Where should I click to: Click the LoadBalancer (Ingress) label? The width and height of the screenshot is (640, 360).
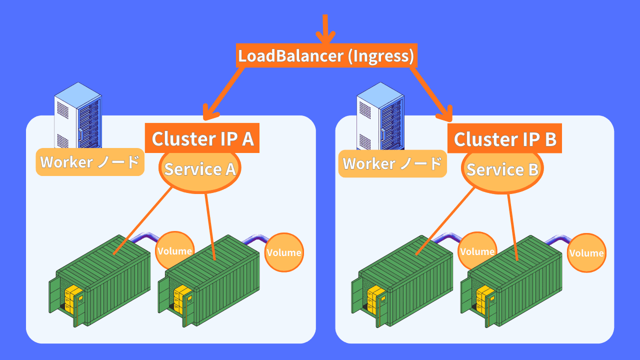click(326, 55)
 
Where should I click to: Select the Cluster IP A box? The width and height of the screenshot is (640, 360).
click(202, 138)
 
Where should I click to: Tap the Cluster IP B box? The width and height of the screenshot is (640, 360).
click(505, 138)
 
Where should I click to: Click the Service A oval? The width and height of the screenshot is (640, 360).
click(200, 169)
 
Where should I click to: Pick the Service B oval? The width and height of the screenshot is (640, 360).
click(502, 170)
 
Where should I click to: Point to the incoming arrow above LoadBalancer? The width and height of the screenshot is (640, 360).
click(325, 30)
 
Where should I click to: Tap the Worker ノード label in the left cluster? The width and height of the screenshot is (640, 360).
click(90, 162)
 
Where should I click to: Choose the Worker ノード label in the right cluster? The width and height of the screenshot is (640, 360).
click(392, 163)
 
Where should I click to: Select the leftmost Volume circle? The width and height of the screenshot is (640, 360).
click(174, 251)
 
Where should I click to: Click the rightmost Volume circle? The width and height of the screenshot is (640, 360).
click(586, 253)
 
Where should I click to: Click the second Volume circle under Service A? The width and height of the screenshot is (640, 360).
click(284, 252)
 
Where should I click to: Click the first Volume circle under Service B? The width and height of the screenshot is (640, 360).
click(476, 251)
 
